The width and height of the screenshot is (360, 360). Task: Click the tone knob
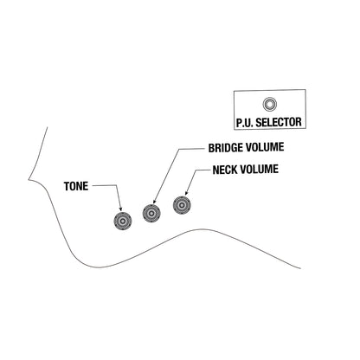123,221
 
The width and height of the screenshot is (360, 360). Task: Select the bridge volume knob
151,213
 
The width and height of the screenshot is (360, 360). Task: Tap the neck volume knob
182,205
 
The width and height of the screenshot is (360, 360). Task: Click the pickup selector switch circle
270,104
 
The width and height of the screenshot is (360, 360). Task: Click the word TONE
76,186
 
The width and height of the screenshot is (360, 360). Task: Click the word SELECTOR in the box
279,122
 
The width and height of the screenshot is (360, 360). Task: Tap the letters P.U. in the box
245,122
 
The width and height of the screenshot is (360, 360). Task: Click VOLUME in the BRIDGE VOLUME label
265,147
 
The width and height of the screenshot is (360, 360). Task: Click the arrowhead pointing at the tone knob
120,209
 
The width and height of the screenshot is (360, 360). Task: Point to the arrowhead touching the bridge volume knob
154,201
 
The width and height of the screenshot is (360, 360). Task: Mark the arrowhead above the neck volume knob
186,192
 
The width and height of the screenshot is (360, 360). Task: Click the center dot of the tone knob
123,221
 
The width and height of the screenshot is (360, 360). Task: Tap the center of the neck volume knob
182,205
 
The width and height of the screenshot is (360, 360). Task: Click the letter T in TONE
67,186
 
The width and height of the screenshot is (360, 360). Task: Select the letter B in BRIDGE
211,148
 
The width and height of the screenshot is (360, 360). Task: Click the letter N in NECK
215,170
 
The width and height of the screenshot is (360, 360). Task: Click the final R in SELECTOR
299,122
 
